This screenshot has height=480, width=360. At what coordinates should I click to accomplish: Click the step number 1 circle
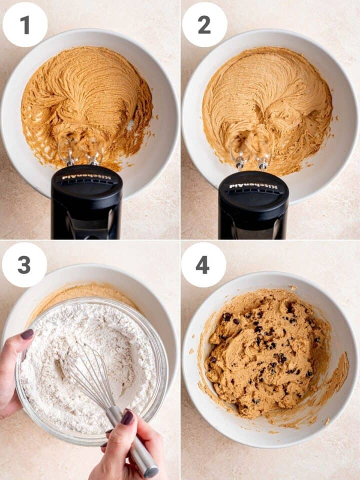click(x=25, y=24)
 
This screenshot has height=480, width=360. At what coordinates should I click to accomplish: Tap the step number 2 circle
click(x=204, y=24)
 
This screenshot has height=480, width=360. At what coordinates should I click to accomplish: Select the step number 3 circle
click(x=24, y=265)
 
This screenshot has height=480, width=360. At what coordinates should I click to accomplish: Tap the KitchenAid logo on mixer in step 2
click(x=253, y=186)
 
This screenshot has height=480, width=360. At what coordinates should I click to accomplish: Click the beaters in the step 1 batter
click(x=80, y=150)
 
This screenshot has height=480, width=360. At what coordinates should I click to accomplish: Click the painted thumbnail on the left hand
click(x=27, y=334)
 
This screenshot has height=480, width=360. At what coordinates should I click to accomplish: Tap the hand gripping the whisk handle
click(x=120, y=445)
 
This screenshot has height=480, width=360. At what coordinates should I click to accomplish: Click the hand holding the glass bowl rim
click(x=12, y=370)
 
